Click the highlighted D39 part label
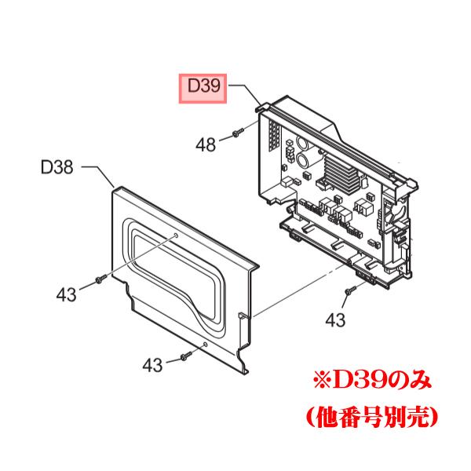(200, 88)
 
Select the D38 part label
(57, 167)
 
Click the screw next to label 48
(235, 136)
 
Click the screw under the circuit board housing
(348, 294)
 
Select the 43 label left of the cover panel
(67, 294)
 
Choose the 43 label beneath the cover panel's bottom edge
(153, 364)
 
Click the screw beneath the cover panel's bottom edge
(184, 356)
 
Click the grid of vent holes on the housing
(273, 141)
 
